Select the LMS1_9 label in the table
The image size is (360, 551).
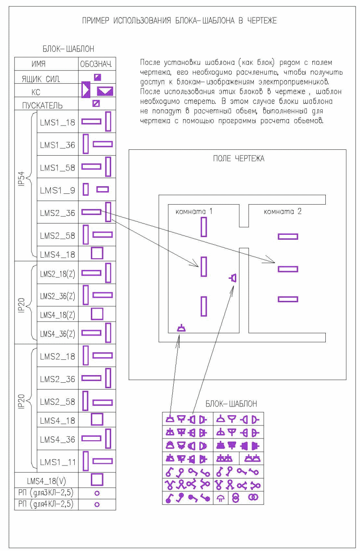[57, 190]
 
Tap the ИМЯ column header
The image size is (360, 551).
[38, 64]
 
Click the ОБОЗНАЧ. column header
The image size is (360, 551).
[96, 64]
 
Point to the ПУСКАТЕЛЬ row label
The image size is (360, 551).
[42, 106]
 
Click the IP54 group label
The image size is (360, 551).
[22, 179]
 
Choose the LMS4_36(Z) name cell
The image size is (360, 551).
[57, 334]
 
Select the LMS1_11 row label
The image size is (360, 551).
[57, 462]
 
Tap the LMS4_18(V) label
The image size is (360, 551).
[46, 481]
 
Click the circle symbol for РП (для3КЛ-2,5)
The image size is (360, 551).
[97, 493]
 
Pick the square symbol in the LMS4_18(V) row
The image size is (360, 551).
[97, 479]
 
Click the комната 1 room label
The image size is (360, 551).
[193, 211]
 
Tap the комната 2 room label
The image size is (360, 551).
[283, 211]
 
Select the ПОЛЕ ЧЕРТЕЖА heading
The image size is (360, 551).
[238, 158]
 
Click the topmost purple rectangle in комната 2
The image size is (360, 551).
[288, 237]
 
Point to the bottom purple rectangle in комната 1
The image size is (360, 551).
[204, 306]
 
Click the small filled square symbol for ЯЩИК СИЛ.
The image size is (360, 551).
[98, 77]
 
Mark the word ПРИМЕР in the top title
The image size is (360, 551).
[95, 20]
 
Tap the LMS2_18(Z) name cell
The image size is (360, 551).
[57, 274]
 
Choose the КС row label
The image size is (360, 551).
[36, 92]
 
